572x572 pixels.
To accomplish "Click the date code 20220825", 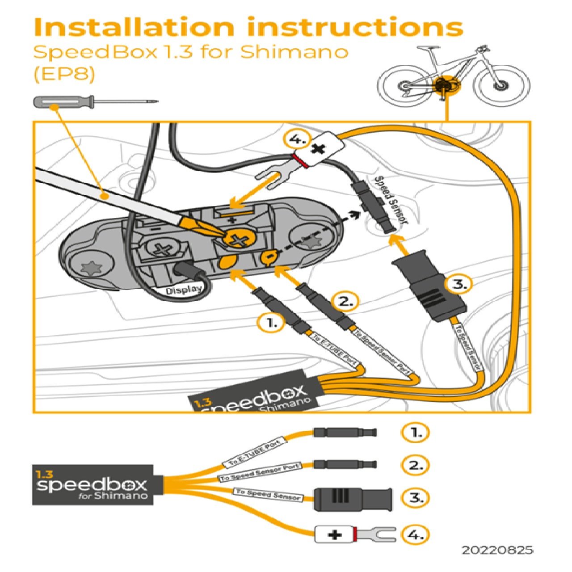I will (497, 550).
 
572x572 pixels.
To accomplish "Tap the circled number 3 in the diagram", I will (458, 284).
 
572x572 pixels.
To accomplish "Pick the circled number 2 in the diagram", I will (345, 302).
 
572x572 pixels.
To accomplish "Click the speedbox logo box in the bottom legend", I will (93, 485).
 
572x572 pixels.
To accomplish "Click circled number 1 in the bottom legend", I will (415, 433).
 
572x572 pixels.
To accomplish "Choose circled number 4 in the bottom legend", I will (415, 534).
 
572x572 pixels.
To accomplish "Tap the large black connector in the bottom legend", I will (353, 499).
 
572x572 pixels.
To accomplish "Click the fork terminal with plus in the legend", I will (355, 534).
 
